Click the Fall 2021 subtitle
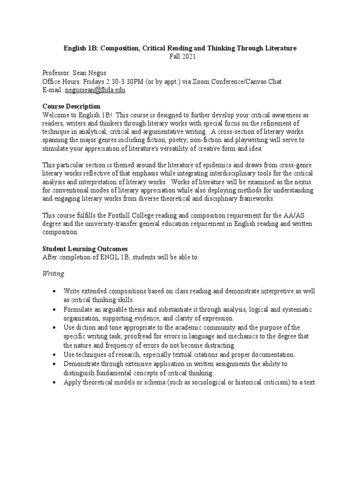point(180,56)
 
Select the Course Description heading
point(71,106)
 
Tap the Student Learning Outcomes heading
point(85,249)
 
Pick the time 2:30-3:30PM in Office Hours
point(123,82)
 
